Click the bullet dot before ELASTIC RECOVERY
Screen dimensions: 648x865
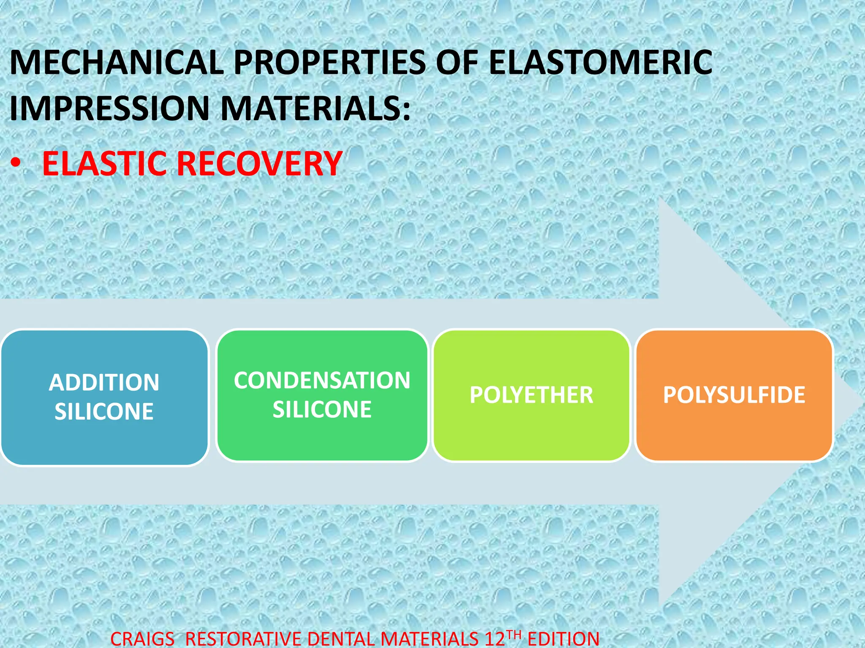(16, 164)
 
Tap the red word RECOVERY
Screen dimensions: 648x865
(259, 164)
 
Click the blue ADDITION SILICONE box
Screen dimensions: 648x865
(104, 439)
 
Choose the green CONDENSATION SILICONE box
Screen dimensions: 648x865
(322, 439)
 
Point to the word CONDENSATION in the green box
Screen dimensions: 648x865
(322, 380)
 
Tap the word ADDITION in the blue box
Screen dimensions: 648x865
(104, 383)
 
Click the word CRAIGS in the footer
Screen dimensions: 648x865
(142, 639)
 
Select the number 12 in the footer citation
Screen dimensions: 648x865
(495, 639)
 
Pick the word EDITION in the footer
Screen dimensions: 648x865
(563, 639)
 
